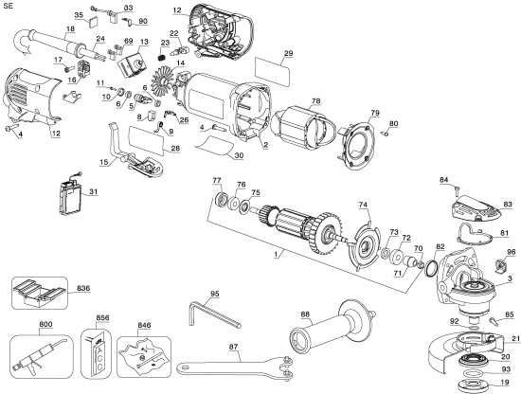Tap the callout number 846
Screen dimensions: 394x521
point(143,324)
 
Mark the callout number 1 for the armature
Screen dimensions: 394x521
point(275,257)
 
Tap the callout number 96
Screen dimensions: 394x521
point(512,252)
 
